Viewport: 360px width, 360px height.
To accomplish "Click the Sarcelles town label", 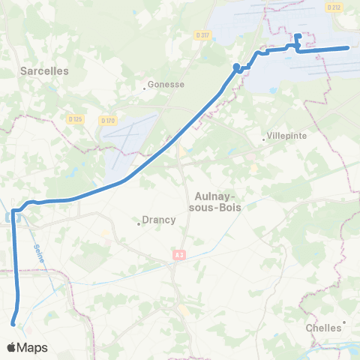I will [x=43, y=70].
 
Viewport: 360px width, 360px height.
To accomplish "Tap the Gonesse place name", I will [x=166, y=85].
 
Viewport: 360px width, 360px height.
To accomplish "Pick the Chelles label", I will [x=323, y=328].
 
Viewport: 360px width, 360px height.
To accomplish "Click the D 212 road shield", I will [x=334, y=7].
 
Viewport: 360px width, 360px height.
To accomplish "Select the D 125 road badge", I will [x=73, y=118].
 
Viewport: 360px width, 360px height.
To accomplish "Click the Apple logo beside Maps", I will [x=11, y=348].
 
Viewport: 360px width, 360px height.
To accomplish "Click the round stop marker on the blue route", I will [x=237, y=67].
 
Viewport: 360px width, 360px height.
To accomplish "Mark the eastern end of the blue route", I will [x=348, y=48].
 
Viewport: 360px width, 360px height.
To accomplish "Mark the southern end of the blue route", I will [x=13, y=324].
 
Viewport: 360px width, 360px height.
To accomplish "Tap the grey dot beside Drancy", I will [x=138, y=223].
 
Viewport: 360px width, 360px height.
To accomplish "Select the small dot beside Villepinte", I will [x=264, y=140].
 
